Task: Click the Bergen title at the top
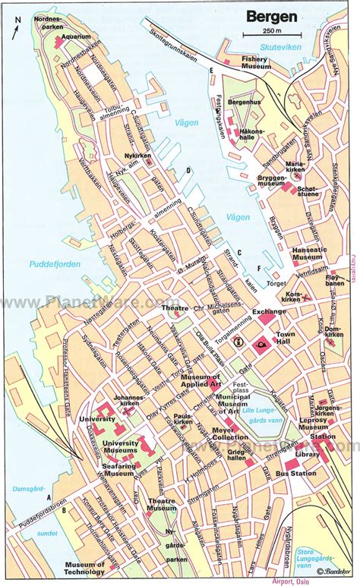point(267,16)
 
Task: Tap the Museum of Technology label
point(84,569)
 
